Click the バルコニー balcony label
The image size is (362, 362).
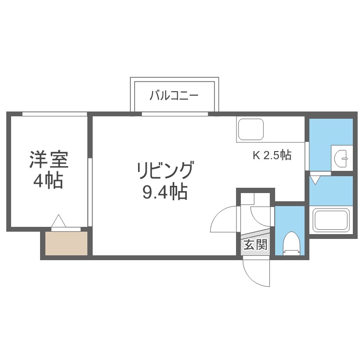pos(174,95)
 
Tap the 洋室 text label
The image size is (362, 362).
pos(49,160)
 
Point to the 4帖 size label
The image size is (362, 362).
pos(48,181)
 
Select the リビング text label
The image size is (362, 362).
pos(165,170)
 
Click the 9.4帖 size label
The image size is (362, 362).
pos(165,193)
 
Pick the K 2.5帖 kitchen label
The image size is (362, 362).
pos(272,155)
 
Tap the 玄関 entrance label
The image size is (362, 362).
pos(255,245)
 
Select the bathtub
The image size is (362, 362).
pos(331,220)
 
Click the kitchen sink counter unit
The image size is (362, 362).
pos(251,129)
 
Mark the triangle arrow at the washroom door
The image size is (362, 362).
pos(315,181)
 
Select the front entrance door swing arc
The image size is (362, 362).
pos(256,273)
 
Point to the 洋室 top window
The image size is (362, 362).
pos(55,114)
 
